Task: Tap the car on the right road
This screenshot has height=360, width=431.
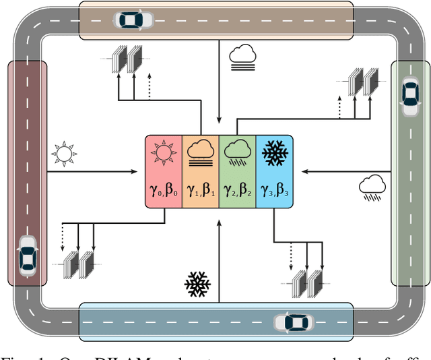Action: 409,96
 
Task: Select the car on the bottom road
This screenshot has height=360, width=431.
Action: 292,323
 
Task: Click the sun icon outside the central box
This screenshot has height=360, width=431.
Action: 63,154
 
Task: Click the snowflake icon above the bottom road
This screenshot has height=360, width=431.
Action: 197,285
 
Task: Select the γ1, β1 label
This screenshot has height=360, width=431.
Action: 201,191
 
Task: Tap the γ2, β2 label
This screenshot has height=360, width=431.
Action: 237,191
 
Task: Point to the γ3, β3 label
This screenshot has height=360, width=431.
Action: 274,191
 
